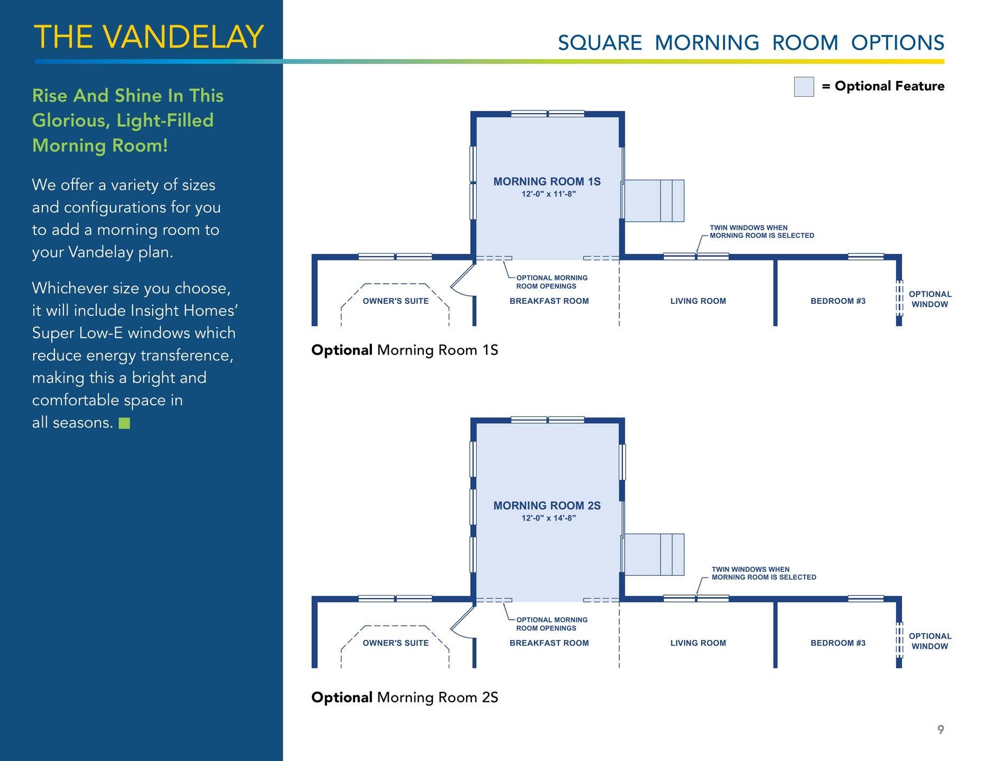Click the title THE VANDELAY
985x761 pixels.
[148, 37]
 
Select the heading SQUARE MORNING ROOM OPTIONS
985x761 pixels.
[750, 43]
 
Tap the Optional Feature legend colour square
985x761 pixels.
[803, 87]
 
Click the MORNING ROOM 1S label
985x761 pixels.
[546, 181]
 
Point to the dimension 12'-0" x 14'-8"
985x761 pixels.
[549, 518]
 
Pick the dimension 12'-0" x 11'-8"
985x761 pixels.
[549, 194]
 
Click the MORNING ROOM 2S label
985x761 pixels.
[546, 505]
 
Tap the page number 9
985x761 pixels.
[940, 729]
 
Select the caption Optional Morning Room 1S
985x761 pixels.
[404, 350]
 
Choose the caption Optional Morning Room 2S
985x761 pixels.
[404, 697]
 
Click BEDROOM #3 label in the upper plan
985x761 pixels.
[838, 301]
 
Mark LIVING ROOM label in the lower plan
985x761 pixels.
[698, 643]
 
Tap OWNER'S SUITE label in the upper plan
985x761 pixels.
[395, 301]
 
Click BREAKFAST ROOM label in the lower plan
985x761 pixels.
[549, 643]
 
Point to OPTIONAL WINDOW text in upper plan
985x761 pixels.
[930, 299]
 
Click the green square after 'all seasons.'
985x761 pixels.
[124, 423]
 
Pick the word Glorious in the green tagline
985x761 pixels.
[70, 120]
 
